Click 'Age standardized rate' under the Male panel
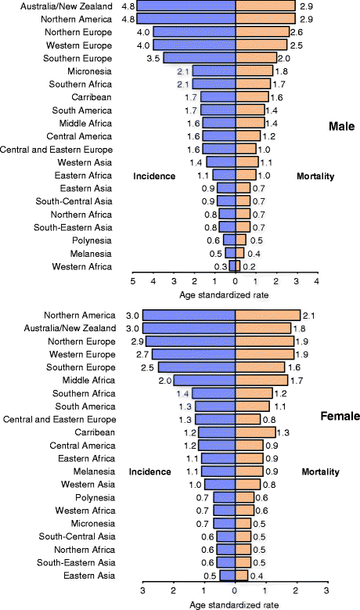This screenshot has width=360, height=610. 236,296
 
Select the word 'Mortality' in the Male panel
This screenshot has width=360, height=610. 316,176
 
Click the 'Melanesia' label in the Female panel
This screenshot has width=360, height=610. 95,471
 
